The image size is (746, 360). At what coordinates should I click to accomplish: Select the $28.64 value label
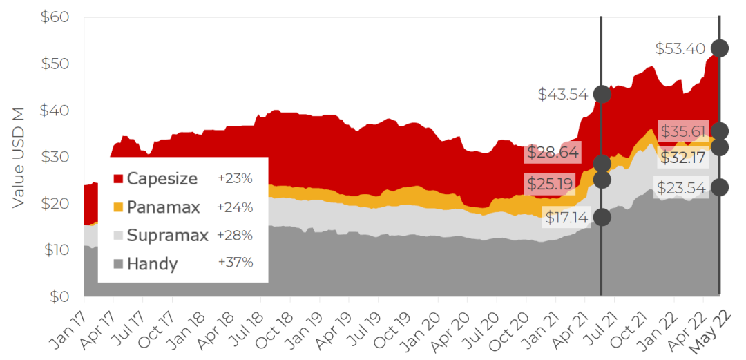553,152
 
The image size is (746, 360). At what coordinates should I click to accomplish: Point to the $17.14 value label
566,218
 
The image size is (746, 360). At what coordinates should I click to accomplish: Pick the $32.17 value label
682,158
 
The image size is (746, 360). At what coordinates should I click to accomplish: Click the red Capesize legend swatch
118,179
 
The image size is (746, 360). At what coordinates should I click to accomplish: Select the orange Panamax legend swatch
118,207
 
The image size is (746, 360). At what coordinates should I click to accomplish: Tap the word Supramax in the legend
167,236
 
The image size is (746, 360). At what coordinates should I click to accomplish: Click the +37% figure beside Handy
235,263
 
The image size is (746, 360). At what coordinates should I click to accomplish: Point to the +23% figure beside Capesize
235,179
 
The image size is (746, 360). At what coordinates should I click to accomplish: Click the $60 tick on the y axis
55,17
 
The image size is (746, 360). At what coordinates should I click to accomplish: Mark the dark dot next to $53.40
720,48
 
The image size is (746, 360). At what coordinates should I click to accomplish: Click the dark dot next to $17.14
602,217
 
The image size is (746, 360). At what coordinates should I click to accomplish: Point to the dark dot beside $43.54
602,94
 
